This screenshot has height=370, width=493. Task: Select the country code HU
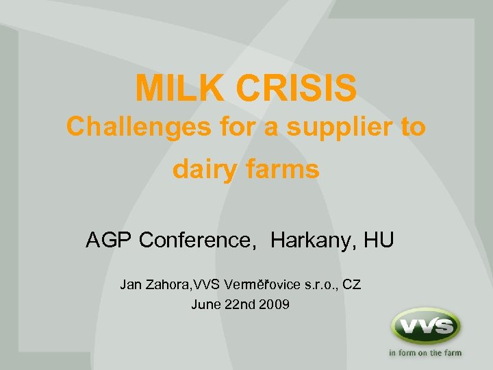pos(379,241)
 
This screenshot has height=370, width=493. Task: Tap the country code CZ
pos(351,284)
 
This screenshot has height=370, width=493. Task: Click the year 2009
pos(275,304)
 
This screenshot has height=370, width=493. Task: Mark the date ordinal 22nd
pos(240,304)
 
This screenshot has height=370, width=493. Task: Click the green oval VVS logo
pos(425,326)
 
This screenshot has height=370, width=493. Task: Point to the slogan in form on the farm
pos(425,354)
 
